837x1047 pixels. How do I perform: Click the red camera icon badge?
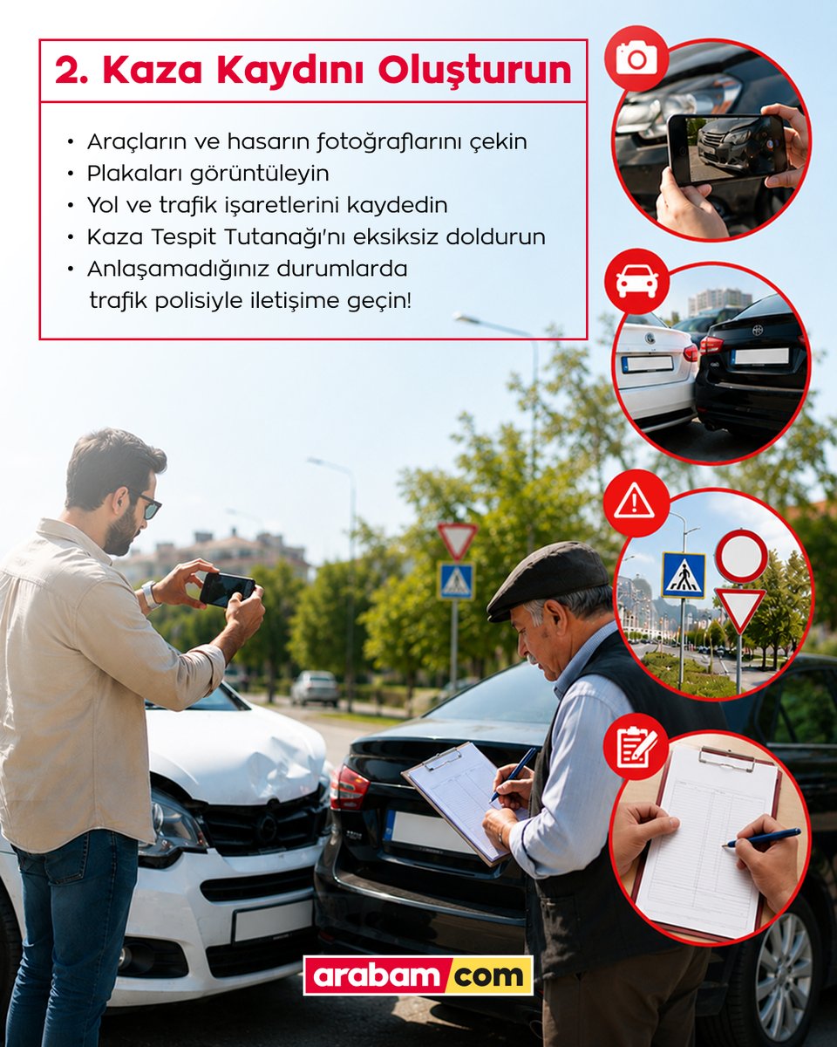click(x=636, y=58)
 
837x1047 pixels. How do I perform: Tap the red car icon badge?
click(x=636, y=281)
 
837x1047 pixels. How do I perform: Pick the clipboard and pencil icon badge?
click(x=636, y=746)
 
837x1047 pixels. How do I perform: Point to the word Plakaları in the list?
click(x=135, y=174)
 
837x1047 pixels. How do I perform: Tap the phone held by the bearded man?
click(x=227, y=589)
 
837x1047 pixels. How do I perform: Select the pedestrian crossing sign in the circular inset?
click(x=684, y=575)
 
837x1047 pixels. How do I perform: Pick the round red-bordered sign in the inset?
click(x=741, y=556)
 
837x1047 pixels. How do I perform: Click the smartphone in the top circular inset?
click(x=725, y=149)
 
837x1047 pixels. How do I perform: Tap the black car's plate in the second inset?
click(x=760, y=356)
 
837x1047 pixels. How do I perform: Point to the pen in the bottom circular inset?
click(x=762, y=838)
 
